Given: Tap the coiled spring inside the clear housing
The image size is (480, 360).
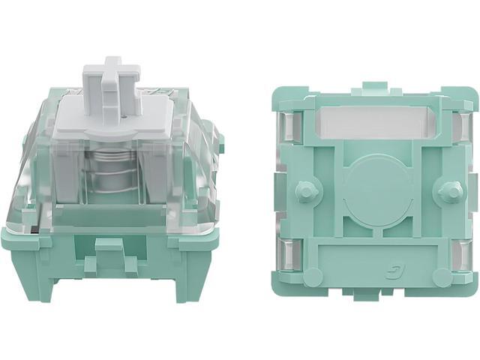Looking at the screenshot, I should click(x=113, y=175).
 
